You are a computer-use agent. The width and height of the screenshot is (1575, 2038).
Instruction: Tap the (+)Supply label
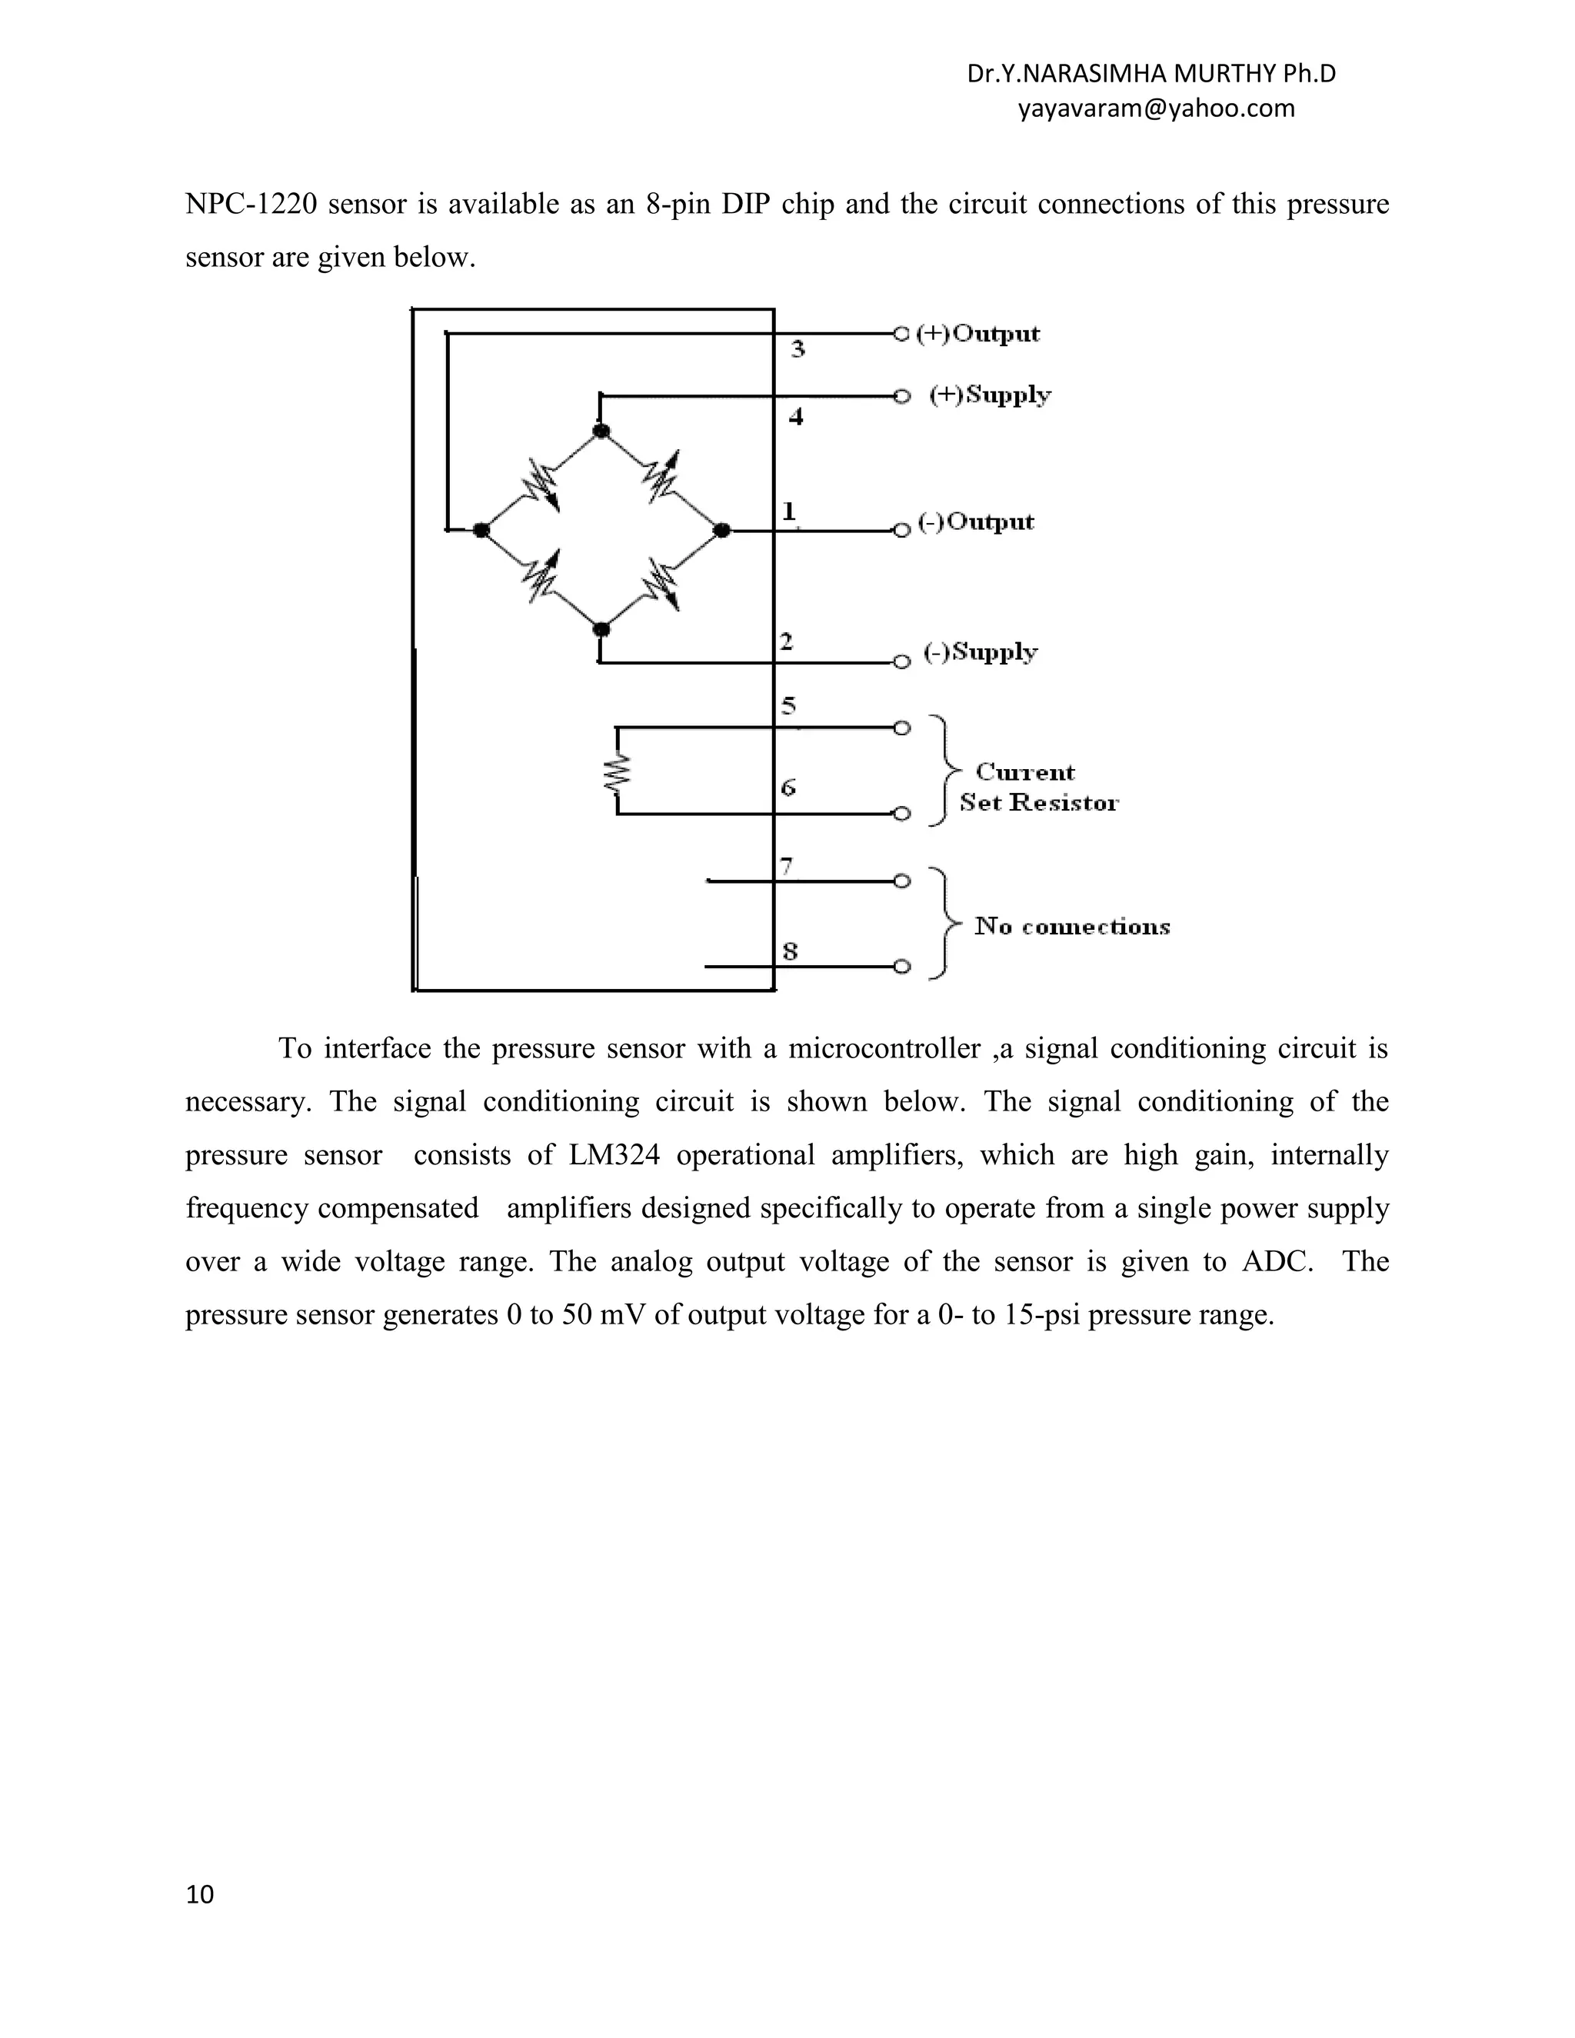(x=990, y=395)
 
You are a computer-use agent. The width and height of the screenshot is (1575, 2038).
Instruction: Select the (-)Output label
(x=976, y=521)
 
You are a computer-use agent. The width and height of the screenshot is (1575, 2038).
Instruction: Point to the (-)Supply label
(x=980, y=651)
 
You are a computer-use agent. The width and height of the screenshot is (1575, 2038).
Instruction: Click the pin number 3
(x=797, y=349)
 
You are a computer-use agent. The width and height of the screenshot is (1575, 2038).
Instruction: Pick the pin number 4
(x=796, y=416)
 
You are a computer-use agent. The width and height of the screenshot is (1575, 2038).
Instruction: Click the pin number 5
(x=788, y=704)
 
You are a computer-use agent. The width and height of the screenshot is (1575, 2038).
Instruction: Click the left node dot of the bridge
(x=481, y=530)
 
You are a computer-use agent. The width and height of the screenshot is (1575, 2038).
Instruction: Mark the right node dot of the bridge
(x=721, y=530)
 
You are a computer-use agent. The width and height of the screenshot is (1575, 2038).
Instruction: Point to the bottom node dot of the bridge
(x=602, y=629)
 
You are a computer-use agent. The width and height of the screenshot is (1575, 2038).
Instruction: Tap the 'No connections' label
(x=1072, y=927)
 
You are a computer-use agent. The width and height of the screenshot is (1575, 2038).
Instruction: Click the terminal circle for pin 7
(x=901, y=880)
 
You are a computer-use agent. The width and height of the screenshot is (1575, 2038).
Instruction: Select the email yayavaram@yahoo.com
(x=1156, y=108)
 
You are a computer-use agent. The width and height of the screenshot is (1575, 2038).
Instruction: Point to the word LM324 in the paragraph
(x=613, y=1155)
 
